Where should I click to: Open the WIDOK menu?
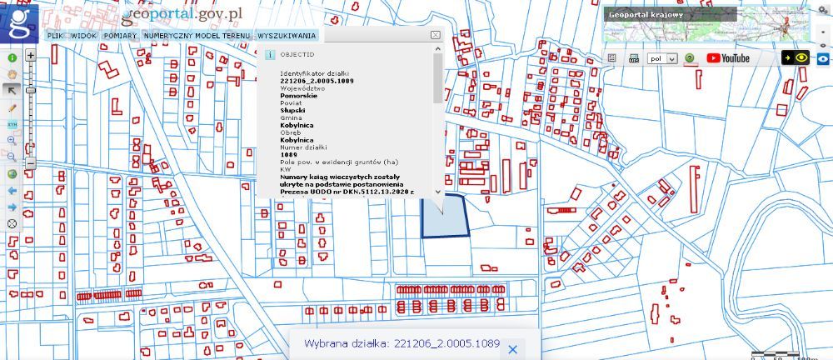click(x=84, y=37)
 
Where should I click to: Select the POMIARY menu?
click(x=120, y=37)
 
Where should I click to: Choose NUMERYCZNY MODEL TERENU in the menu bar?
click(x=197, y=37)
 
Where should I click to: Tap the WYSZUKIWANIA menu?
click(x=287, y=37)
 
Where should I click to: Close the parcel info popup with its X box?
click(x=435, y=35)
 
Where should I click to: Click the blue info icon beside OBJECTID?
click(x=269, y=54)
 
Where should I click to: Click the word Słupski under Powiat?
click(x=292, y=110)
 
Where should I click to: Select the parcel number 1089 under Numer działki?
click(x=289, y=154)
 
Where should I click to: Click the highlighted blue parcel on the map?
click(x=444, y=217)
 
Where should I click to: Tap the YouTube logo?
click(x=728, y=58)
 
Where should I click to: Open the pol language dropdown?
click(x=663, y=59)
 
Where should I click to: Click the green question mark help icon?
click(x=690, y=59)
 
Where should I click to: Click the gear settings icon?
click(x=822, y=10)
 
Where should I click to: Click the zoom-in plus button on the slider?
click(x=31, y=56)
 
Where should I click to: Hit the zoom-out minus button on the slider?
click(x=31, y=165)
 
